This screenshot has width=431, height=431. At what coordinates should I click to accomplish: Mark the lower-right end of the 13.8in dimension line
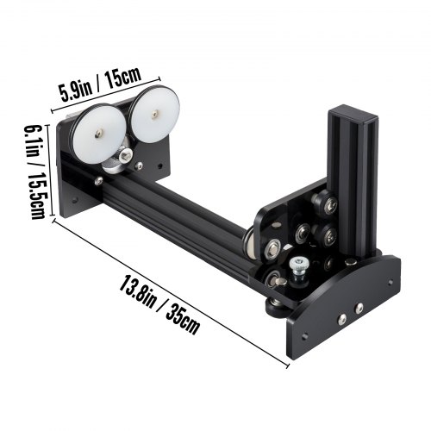287,362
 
